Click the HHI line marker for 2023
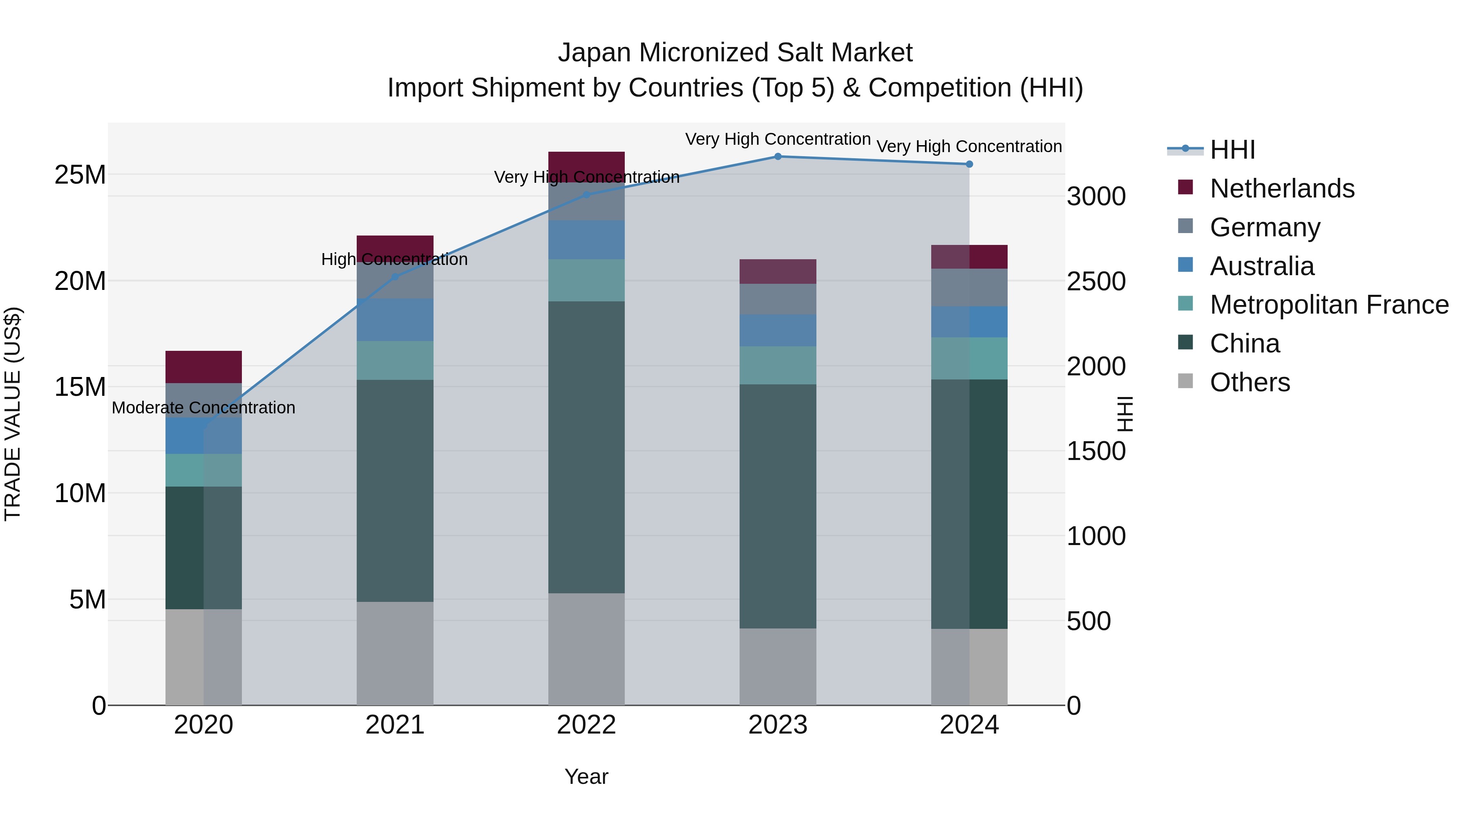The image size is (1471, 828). [x=777, y=156]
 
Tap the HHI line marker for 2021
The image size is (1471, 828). [x=395, y=276]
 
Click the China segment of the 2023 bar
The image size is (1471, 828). [x=777, y=506]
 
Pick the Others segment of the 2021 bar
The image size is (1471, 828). [x=395, y=653]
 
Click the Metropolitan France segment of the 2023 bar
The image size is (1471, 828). [x=777, y=365]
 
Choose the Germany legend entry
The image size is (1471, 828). [x=1264, y=227]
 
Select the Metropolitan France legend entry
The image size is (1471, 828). [x=1328, y=305]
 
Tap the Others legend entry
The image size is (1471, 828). [x=1250, y=382]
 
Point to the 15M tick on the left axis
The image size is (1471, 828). [x=80, y=387]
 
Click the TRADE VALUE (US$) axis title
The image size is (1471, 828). [x=13, y=414]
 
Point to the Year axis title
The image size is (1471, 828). [x=586, y=776]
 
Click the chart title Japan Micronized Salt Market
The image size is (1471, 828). [x=735, y=53]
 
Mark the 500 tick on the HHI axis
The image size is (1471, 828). [x=1089, y=621]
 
